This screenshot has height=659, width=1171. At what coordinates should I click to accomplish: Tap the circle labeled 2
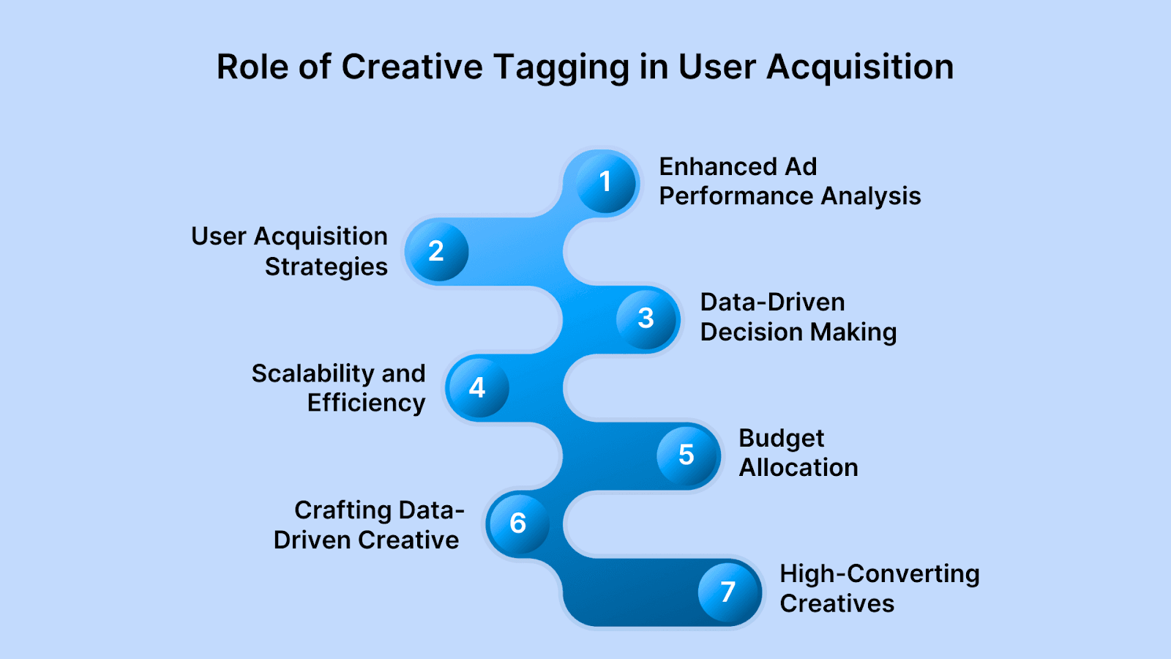pos(437,252)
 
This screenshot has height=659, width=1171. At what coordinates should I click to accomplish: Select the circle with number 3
pos(647,319)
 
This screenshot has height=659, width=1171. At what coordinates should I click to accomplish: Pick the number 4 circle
pos(478,387)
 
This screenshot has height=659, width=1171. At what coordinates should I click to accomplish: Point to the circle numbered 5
pos(688,455)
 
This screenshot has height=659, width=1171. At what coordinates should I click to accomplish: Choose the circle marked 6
pos(519,523)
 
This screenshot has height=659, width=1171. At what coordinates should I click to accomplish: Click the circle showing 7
pos(729,592)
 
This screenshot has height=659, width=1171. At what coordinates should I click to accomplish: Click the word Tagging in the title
pos(561,69)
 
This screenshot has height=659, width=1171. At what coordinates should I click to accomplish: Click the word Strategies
pos(326,267)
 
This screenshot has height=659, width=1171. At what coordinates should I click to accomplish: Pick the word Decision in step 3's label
pos(750,332)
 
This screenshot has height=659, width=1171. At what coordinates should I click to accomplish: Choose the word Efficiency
pos(367,403)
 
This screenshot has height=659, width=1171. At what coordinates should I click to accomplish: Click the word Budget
pos(782,439)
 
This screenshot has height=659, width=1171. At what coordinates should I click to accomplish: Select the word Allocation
pos(798,468)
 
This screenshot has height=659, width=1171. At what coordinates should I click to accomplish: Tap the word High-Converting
pos(880,574)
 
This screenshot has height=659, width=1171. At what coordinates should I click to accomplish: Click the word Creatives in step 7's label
pos(837,603)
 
